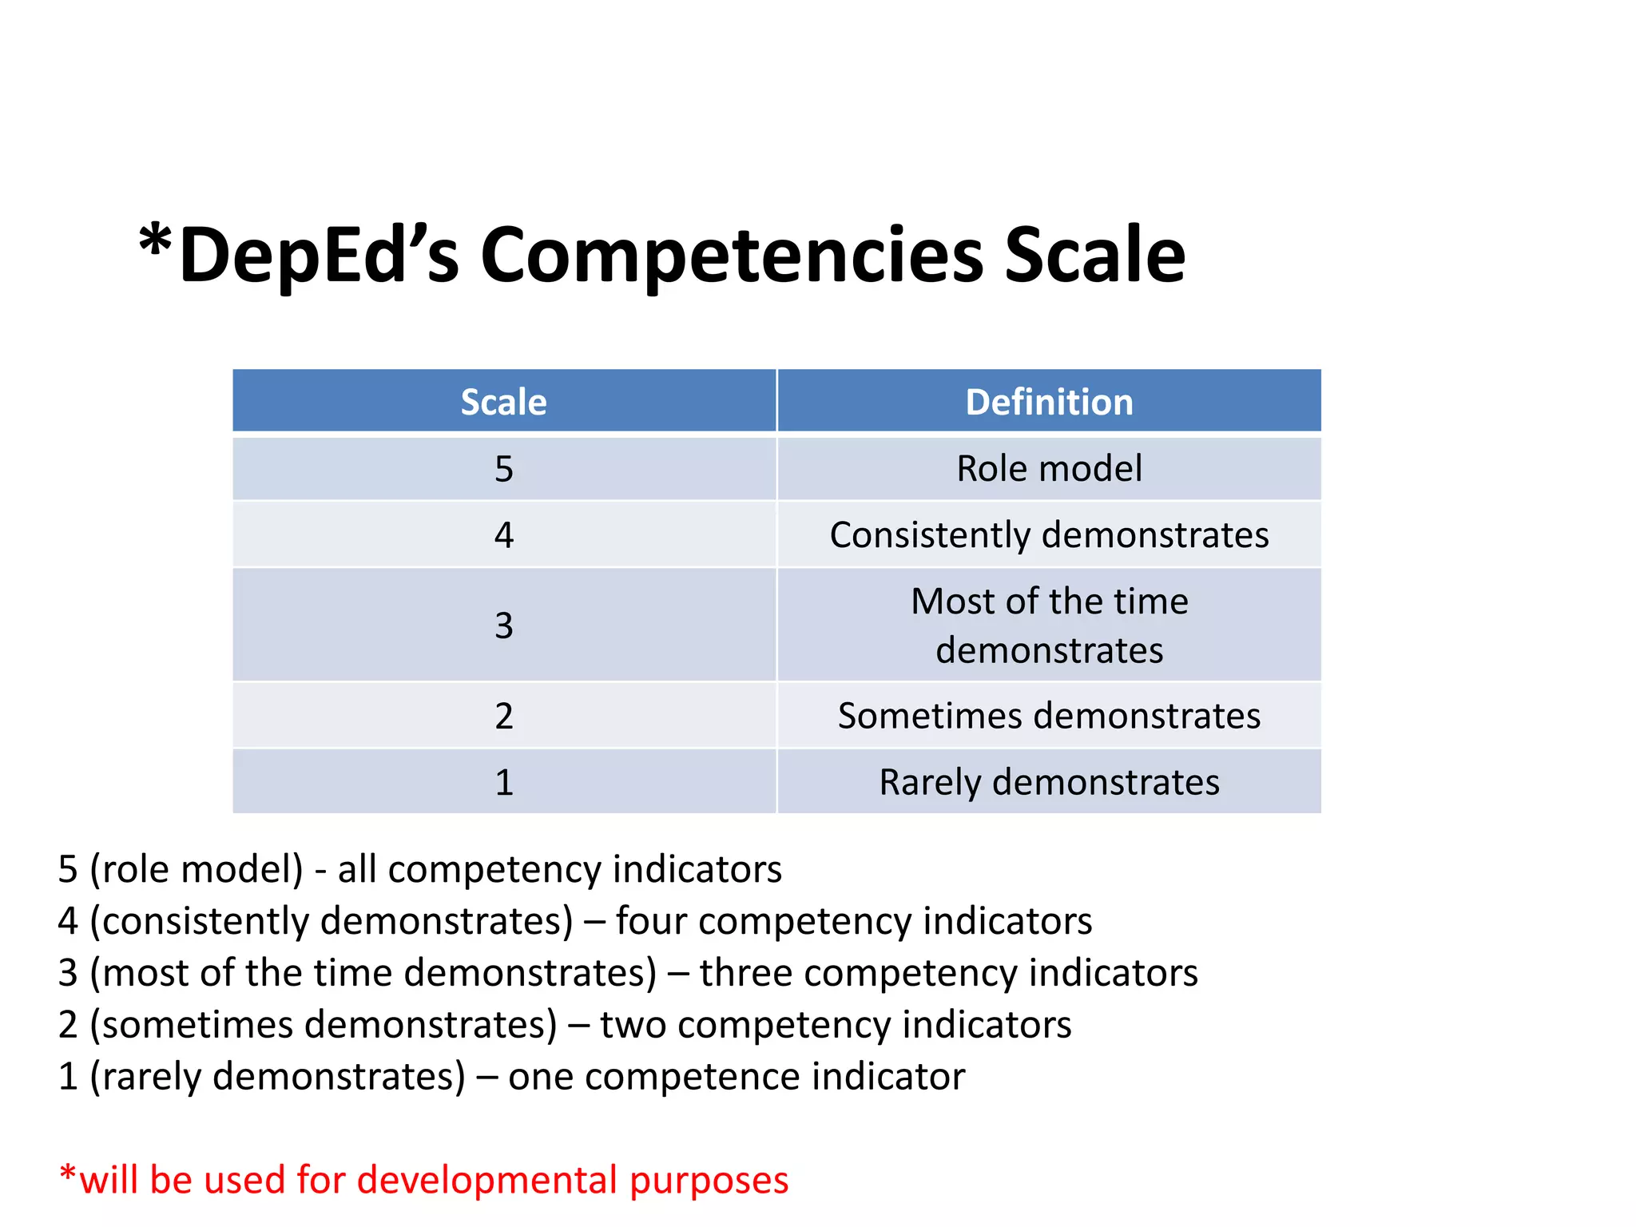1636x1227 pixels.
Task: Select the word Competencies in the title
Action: pos(732,255)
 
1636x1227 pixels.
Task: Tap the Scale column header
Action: pos(503,402)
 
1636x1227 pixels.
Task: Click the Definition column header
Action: pos(1049,402)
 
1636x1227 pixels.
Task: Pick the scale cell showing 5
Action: pos(503,469)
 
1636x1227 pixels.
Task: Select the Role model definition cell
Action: pos(1049,469)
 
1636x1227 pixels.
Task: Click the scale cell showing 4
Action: pos(503,535)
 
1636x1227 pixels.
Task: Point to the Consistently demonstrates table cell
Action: pos(1049,535)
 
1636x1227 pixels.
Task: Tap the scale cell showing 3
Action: pos(503,625)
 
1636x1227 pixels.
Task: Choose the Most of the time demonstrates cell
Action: pos(1049,625)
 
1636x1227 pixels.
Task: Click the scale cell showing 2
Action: pos(503,716)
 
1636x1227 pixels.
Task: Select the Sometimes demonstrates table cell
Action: pos(1049,716)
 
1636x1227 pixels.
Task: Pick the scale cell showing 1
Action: pos(503,782)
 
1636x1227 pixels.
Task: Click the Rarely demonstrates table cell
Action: pos(1049,782)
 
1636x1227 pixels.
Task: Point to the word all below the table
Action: pos(356,869)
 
